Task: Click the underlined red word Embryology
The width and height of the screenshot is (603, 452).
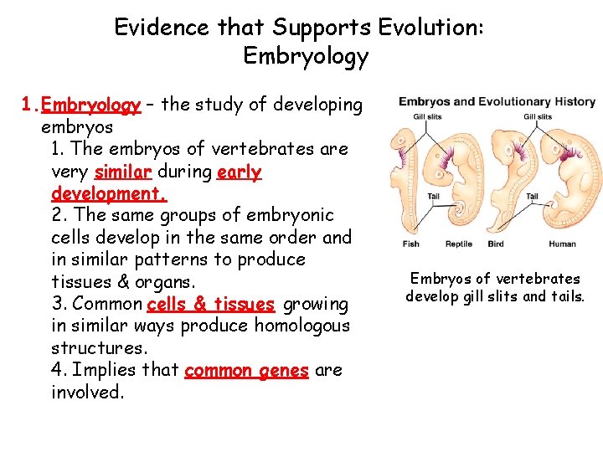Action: coord(91,105)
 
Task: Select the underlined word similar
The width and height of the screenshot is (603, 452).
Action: coord(123,172)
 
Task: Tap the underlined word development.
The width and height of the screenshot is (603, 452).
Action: coord(109,194)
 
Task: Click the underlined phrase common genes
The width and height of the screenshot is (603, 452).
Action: coord(246,370)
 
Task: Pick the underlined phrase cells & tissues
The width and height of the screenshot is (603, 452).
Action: coord(210,304)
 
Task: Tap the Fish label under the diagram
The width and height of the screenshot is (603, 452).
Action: coord(410,244)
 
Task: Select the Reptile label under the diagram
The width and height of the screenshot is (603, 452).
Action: coord(458,244)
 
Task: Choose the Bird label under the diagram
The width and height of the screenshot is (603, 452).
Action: coord(496,244)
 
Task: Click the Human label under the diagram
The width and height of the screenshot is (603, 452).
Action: coord(562,244)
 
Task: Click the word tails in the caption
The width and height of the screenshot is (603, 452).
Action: coord(564,296)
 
